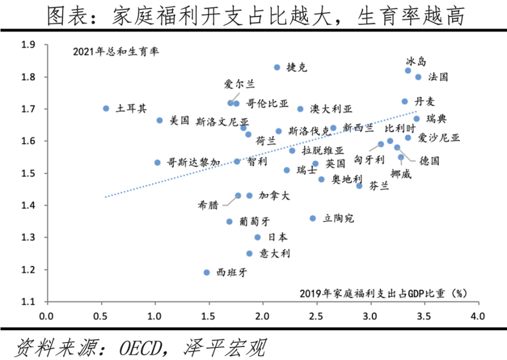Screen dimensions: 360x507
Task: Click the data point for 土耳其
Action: coord(106,108)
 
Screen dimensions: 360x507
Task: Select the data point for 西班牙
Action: coord(207,272)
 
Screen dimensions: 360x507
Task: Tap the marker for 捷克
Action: coord(277,67)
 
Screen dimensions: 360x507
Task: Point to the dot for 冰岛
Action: coord(408,71)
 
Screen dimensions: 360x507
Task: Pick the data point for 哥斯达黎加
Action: coord(157,163)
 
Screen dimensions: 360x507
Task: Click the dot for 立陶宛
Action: coord(313,218)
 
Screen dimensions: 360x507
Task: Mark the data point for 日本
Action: coord(258,238)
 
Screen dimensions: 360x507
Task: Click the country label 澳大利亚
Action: coord(331,109)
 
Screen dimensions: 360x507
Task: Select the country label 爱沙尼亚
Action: coord(438,138)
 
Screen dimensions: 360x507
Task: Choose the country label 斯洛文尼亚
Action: coord(218,121)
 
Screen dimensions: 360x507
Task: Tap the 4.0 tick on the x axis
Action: coord(478,316)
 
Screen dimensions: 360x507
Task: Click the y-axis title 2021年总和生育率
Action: coord(116,52)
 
